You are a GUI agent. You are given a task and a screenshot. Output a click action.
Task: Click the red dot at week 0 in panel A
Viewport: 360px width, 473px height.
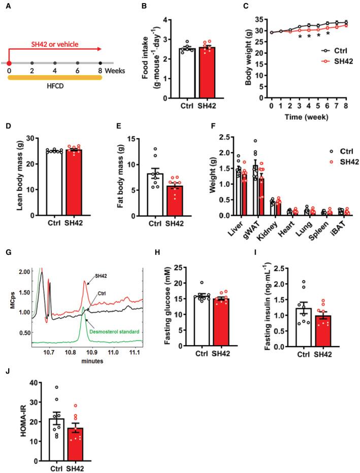10,63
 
